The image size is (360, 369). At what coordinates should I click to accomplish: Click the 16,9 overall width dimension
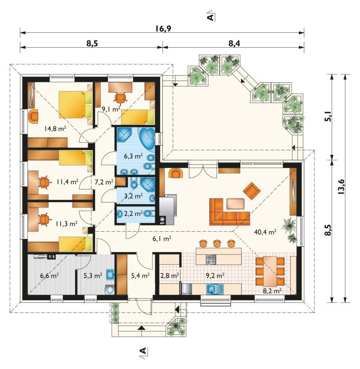click(163, 29)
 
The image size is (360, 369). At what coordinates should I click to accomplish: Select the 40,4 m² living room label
click(265, 232)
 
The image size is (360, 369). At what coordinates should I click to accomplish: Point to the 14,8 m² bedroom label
click(55, 129)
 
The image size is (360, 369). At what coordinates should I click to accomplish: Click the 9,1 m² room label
click(111, 109)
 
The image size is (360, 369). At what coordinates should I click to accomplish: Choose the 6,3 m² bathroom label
click(133, 156)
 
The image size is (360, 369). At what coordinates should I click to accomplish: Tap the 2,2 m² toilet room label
click(133, 213)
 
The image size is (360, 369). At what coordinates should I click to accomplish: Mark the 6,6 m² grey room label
click(49, 275)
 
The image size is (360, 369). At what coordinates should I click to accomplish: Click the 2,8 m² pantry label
click(169, 275)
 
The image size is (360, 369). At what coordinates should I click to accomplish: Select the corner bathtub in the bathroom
click(147, 139)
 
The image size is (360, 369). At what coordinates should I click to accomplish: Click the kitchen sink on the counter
click(215, 289)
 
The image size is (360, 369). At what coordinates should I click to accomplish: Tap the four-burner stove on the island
click(211, 260)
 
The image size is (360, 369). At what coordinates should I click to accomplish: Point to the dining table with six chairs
click(270, 271)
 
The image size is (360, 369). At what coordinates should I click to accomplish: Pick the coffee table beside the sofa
click(235, 204)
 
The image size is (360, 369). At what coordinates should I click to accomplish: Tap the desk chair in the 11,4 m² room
click(44, 182)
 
